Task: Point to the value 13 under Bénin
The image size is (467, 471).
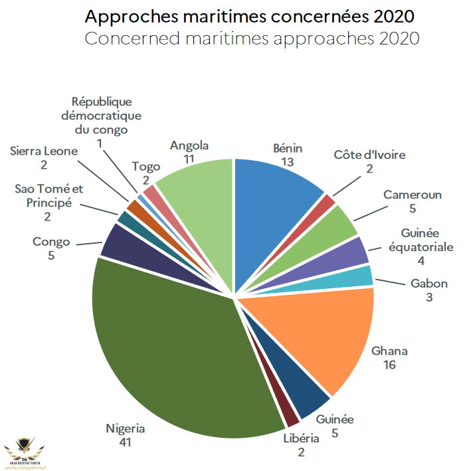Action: [287, 161]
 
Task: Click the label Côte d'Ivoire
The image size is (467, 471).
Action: [369, 155]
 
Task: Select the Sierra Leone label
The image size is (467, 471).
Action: [44, 151]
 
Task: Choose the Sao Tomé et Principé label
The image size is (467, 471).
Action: [48, 195]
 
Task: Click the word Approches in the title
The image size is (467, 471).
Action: [132, 16]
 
